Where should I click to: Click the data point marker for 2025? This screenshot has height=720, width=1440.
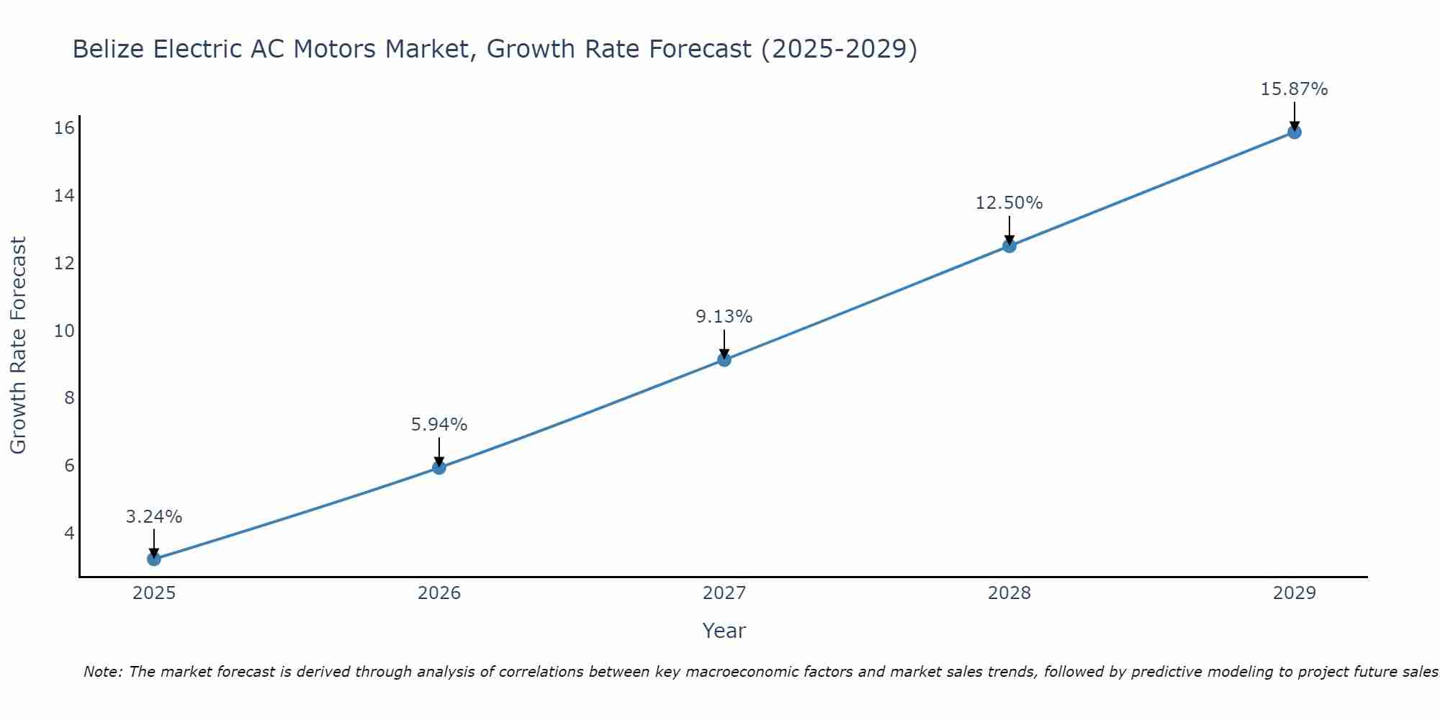[x=153, y=559]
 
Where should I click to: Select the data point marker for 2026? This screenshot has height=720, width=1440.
[x=438, y=467]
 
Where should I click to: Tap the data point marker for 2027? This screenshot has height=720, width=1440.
[x=724, y=359]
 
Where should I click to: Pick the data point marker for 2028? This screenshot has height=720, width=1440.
[x=1009, y=246]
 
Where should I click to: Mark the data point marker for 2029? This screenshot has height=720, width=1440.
[x=1295, y=132]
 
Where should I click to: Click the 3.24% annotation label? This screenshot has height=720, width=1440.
[x=154, y=517]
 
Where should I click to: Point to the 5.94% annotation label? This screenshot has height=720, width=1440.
[x=439, y=425]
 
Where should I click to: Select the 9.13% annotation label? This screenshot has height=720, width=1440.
[x=724, y=317]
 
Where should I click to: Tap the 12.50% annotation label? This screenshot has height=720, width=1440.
[x=1009, y=203]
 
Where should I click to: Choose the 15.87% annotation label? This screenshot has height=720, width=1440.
[x=1295, y=89]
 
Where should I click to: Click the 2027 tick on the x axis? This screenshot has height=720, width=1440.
[x=724, y=593]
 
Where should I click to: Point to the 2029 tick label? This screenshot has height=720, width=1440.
[x=1295, y=593]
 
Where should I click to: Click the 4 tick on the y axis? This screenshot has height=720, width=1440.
[x=69, y=533]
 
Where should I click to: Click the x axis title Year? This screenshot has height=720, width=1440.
[x=724, y=631]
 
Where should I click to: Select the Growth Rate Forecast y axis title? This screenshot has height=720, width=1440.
[x=18, y=346]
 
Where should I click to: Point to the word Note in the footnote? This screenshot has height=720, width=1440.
[x=102, y=672]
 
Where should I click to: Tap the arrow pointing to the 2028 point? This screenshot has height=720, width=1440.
[x=1009, y=230]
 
